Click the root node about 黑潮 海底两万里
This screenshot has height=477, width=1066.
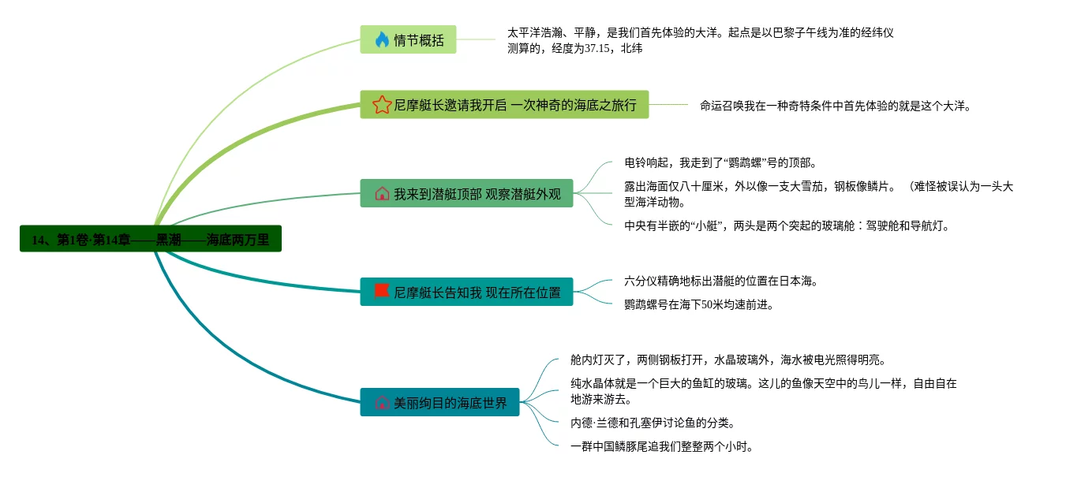pyautogui.click(x=150, y=240)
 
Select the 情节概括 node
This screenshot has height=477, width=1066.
pyautogui.click(x=408, y=39)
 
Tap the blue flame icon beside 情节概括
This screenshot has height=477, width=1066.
pyautogui.click(x=382, y=39)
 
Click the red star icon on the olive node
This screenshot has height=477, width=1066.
pyautogui.click(x=382, y=105)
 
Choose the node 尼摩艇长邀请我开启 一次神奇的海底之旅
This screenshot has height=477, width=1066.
pyautogui.click(x=505, y=105)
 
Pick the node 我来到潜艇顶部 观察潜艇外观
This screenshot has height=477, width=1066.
pyautogui.click(x=468, y=193)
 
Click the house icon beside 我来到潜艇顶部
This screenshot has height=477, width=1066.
pyautogui.click(x=382, y=193)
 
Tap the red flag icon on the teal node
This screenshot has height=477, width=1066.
pyautogui.click(x=382, y=292)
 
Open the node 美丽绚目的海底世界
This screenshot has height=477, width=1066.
pyautogui.click(x=439, y=403)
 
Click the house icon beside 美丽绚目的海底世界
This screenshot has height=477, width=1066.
pyautogui.click(x=382, y=403)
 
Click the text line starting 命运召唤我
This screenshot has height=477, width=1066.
pyautogui.click(x=835, y=105)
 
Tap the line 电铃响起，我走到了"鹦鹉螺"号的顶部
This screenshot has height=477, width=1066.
pyautogui.click(x=720, y=163)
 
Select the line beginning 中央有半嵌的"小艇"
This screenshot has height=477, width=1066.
pyautogui.click(x=786, y=225)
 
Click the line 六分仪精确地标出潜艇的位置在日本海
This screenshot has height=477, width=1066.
pyautogui.click(x=720, y=281)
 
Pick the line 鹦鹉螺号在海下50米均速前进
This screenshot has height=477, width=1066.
pyautogui.click(x=698, y=304)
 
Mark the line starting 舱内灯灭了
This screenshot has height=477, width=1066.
pyautogui.click(x=723, y=360)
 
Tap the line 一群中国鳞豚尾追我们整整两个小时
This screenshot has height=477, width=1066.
pyautogui.click(x=661, y=446)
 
